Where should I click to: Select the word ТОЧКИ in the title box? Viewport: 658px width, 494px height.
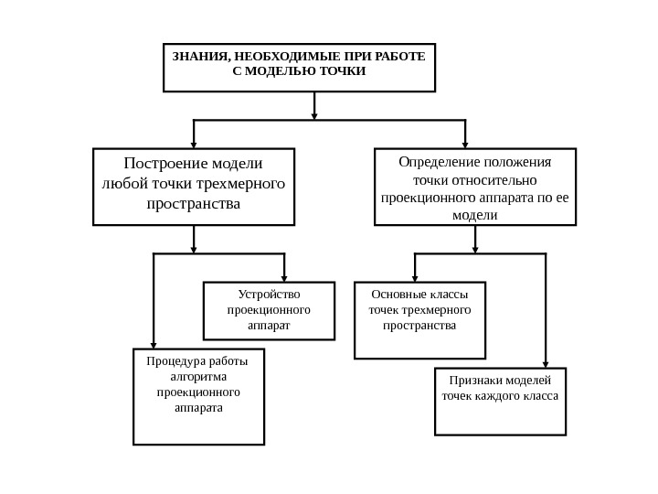point(342,70)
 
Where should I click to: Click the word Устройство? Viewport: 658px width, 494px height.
point(269,295)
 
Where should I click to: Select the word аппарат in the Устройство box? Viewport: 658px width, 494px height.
point(269,325)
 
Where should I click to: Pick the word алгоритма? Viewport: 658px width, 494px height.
point(198,376)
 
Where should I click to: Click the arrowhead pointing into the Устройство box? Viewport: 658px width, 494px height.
point(284,278)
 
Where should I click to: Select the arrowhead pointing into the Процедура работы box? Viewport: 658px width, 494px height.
point(154,345)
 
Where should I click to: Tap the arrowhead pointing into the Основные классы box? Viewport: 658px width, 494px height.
point(416,278)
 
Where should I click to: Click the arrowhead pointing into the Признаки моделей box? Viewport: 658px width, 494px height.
point(546,364)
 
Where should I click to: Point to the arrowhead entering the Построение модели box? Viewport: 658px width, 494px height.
point(194,144)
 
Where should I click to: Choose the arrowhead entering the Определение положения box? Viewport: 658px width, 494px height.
point(465,144)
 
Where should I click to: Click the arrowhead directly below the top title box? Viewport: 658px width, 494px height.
point(314,115)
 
